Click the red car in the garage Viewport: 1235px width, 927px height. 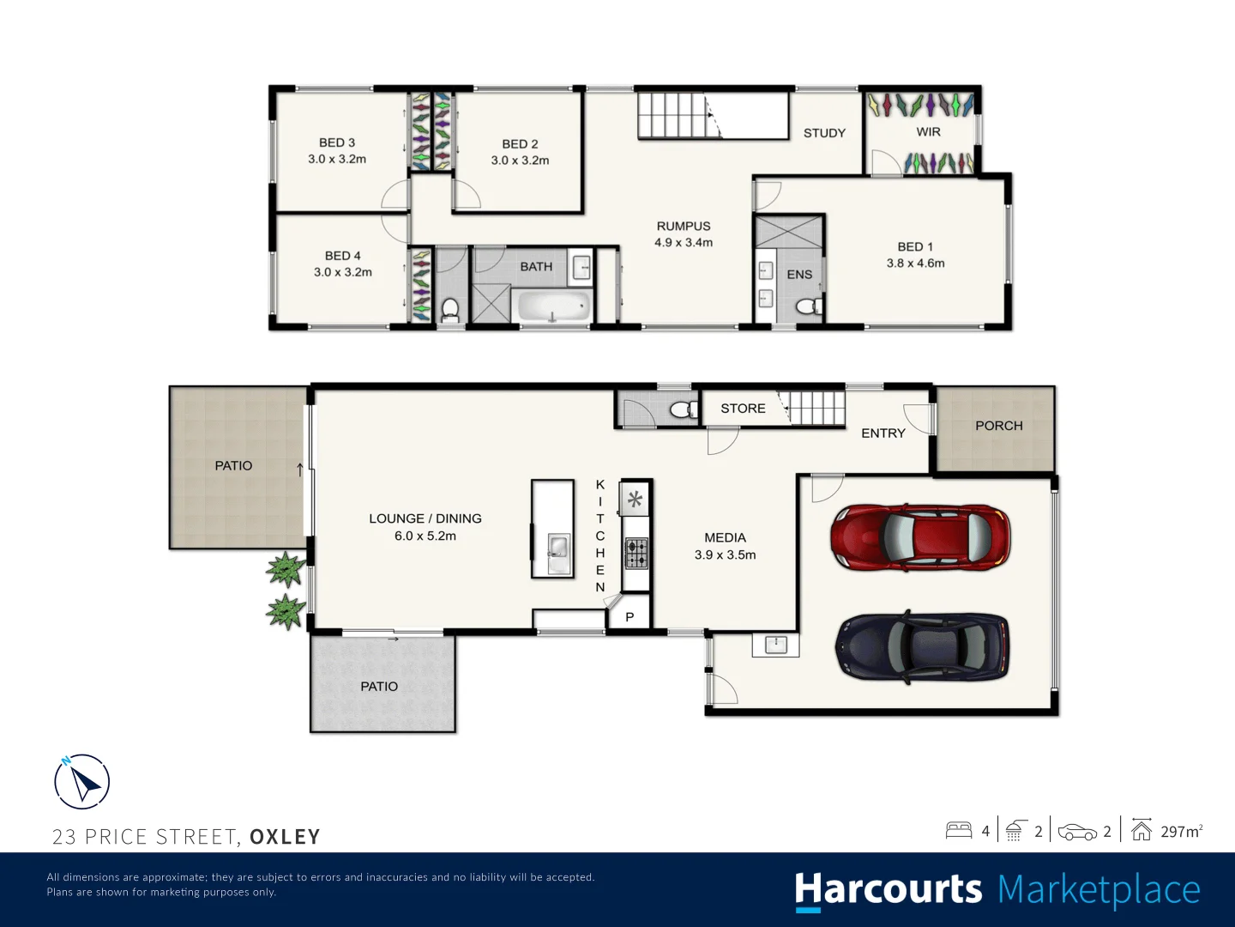click(x=920, y=537)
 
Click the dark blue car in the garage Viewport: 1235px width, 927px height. click(x=922, y=646)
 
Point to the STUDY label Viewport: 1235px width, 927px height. click(x=824, y=133)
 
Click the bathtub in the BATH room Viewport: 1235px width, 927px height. click(x=554, y=306)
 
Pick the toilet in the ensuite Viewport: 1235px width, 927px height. click(x=809, y=306)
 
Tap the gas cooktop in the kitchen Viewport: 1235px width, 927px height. click(x=636, y=554)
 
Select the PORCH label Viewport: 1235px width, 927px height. click(x=998, y=426)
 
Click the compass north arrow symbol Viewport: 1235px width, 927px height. click(x=82, y=782)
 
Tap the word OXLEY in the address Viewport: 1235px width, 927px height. click(x=285, y=836)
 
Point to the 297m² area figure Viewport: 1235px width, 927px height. click(x=1182, y=832)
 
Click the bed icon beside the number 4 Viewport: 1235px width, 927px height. click(x=959, y=831)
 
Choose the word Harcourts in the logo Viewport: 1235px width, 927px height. click(x=889, y=890)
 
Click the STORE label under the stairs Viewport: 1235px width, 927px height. click(x=743, y=408)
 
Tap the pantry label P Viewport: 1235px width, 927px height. click(x=630, y=617)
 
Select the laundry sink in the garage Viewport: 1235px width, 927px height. click(x=776, y=645)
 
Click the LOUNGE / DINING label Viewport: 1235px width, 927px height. click(x=425, y=518)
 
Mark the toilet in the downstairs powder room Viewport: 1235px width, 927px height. click(x=684, y=409)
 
